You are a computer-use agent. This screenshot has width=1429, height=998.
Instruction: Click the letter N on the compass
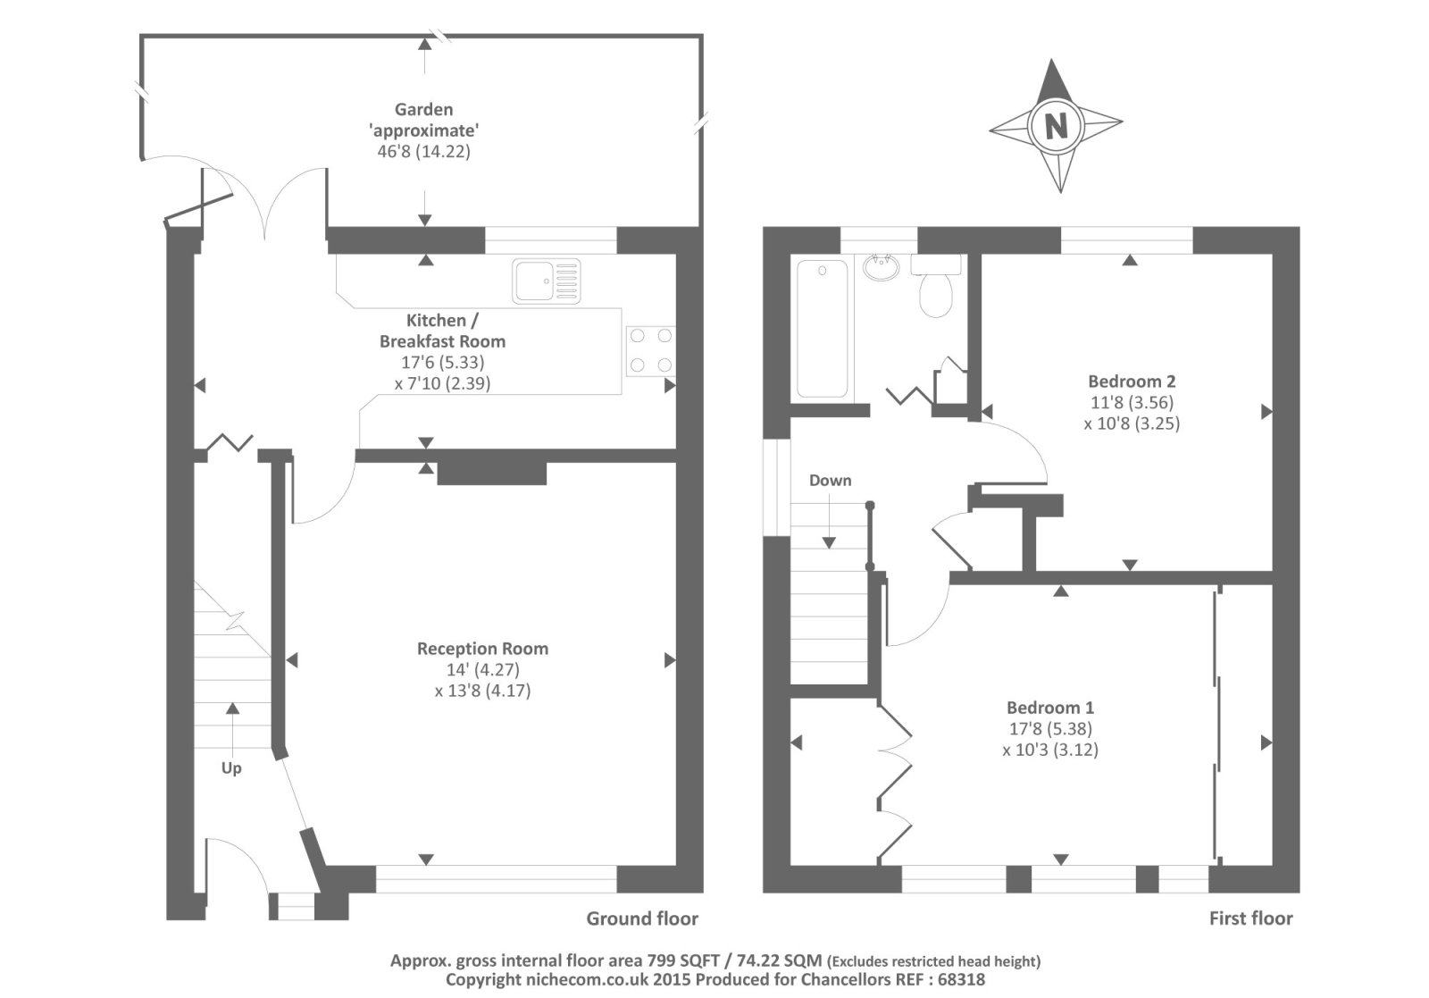pos(1056,125)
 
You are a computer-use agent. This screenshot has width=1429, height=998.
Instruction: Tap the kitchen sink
pos(546,281)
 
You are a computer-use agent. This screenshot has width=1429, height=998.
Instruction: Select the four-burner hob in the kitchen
pos(650,350)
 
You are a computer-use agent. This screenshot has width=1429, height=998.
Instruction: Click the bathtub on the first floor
pos(822,328)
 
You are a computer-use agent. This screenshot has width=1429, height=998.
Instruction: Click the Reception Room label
pos(482,649)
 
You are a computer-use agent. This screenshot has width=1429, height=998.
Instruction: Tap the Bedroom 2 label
pos(1132,382)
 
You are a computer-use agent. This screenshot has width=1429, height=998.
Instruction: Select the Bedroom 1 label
pos(1050,708)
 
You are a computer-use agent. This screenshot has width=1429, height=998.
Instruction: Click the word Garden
pos(423,110)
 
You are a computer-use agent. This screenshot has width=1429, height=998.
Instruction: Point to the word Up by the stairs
pos(231,768)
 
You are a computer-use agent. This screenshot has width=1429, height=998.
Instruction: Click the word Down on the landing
pos(830,481)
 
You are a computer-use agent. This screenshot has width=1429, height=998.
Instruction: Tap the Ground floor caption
pos(642,918)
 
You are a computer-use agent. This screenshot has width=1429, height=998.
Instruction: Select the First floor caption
pos(1250,918)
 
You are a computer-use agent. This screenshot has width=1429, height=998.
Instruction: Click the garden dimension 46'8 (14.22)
pos(423,151)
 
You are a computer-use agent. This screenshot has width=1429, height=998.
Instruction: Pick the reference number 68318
pos(957,979)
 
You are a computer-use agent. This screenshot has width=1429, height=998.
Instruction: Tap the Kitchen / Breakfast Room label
pos(442,331)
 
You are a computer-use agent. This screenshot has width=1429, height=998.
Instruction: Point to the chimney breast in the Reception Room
pos(491,474)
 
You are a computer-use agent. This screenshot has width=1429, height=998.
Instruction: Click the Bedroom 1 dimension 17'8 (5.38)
pos(1049,729)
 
